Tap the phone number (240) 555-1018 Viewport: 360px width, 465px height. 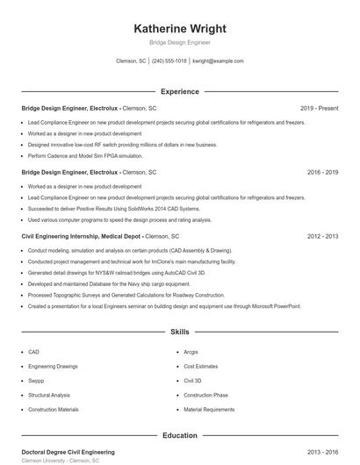click(169, 61)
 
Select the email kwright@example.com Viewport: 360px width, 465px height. click(217, 61)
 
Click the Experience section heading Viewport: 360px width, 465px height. click(179, 91)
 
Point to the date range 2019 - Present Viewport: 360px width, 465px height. click(319, 109)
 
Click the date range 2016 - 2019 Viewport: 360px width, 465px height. click(322, 173)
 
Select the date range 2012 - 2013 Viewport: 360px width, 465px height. click(322, 237)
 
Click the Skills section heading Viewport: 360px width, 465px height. click(179, 333)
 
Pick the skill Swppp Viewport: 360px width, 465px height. click(36, 381)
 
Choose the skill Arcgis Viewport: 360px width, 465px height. click(192, 352)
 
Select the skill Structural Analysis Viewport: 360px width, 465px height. click(48, 395)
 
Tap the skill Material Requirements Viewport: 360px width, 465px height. click(209, 410)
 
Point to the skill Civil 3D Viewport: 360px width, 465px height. click(192, 381)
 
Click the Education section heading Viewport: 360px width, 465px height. click(179, 435)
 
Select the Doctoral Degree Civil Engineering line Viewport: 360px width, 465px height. click(68, 452)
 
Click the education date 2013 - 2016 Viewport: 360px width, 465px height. click(322, 452)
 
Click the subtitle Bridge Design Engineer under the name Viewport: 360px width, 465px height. click(179, 42)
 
